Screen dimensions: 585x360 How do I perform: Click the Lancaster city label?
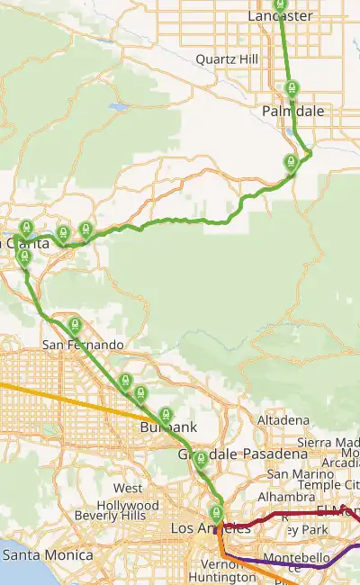click(x=280, y=16)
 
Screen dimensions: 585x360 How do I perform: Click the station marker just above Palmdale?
click(x=291, y=89)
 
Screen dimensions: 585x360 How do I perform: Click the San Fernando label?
click(x=83, y=345)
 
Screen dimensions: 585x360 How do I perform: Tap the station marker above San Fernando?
click(x=75, y=324)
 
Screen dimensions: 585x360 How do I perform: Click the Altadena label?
click(x=283, y=420)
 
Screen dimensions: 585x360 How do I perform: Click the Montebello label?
click(x=298, y=559)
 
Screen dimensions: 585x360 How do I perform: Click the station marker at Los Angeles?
click(x=216, y=514)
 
